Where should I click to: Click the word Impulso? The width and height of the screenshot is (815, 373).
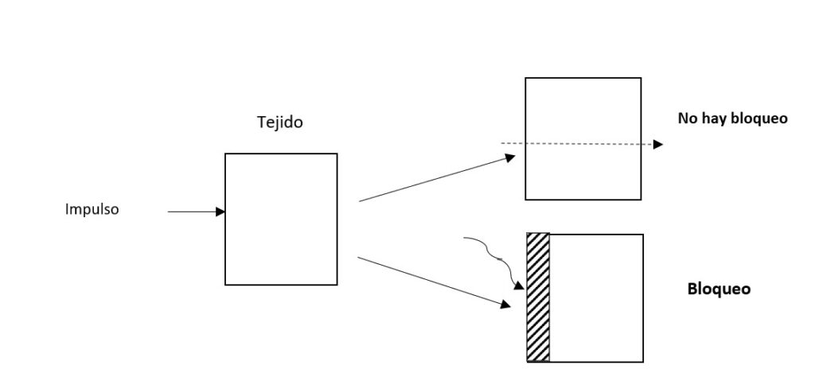(x=92, y=211)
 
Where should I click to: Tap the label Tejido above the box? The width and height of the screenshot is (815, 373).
(x=279, y=122)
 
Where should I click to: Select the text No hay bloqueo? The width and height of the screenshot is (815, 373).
(x=732, y=119)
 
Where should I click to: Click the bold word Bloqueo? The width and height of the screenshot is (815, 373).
(x=718, y=289)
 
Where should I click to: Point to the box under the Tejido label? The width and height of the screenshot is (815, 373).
(x=281, y=219)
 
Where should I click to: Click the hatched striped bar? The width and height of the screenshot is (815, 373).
(x=538, y=297)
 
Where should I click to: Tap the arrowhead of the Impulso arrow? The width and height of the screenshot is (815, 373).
(x=221, y=212)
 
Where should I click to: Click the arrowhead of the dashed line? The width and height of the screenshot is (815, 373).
(x=658, y=145)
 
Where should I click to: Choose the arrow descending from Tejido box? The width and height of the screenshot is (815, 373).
(x=434, y=281)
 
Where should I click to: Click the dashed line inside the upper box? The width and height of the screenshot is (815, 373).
(x=581, y=143)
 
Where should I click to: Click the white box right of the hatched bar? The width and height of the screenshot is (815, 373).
(x=596, y=297)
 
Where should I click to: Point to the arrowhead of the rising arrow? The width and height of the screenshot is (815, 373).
(x=511, y=157)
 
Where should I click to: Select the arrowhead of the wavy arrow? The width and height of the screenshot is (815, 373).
(x=520, y=285)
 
